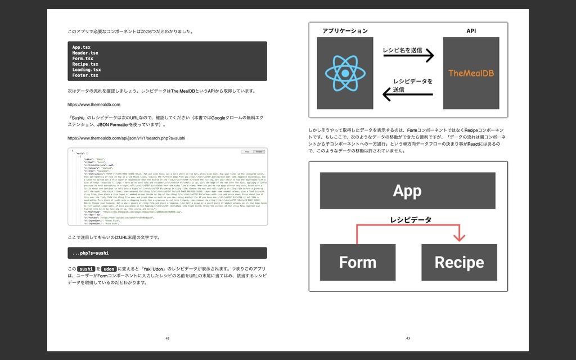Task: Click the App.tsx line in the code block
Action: tap(82, 47)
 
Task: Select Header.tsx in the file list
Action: tap(85, 53)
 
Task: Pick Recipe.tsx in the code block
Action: tap(85, 64)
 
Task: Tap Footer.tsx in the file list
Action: tap(85, 75)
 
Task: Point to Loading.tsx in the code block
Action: tap(86, 70)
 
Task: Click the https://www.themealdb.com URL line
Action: tap(93, 105)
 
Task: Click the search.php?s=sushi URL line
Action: tap(126, 138)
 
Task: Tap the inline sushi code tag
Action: tap(86, 269)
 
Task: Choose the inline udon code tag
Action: tap(109, 269)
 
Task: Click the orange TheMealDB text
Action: tap(471, 73)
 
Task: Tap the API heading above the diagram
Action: tap(471, 31)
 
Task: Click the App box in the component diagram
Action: tap(407, 191)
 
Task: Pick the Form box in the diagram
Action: tap(357, 262)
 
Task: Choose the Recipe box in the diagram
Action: tap(459, 262)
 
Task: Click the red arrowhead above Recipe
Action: tap(460, 237)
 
